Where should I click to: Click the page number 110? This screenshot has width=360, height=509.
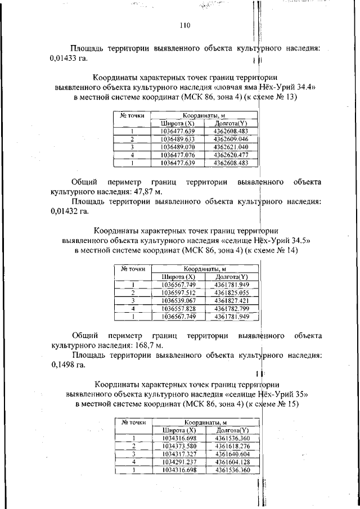click(x=186, y=25)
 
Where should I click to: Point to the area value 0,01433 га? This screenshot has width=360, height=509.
click(x=69, y=58)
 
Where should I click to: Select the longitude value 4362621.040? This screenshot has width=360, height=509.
click(x=231, y=147)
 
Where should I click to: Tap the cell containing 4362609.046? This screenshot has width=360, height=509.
click(x=231, y=139)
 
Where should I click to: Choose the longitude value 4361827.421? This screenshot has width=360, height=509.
click(x=232, y=300)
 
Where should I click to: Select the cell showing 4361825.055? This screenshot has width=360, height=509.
click(x=232, y=292)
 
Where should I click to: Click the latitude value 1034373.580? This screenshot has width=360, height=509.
click(x=178, y=445)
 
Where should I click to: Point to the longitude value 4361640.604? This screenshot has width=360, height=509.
click(x=232, y=453)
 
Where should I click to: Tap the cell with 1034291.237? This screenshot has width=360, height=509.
click(x=178, y=461)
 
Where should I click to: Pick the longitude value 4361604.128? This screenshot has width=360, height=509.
click(x=232, y=461)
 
